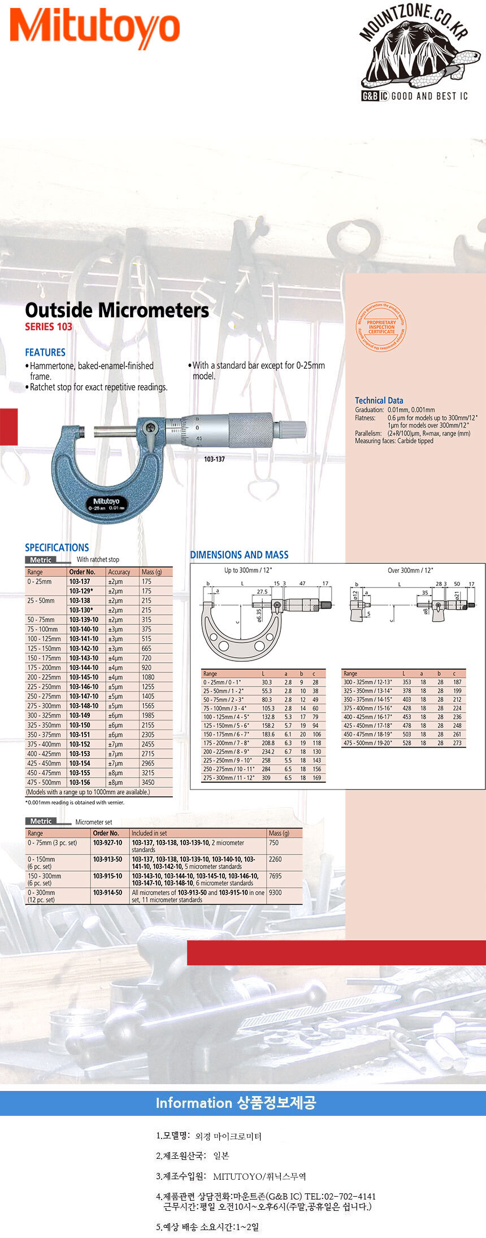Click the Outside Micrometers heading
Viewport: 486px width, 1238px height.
pos(117,310)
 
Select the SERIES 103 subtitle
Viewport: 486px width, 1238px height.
pos(49,327)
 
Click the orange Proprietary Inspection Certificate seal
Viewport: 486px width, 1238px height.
pos(381,327)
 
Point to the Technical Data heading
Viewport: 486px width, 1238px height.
pos(379,400)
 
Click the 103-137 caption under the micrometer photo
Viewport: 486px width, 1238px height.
pos(214,459)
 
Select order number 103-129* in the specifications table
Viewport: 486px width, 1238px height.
pos(81,591)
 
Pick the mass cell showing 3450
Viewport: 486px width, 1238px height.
pos(147,783)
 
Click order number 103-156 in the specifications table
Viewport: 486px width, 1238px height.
pos(80,783)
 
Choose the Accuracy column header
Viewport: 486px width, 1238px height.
pos(119,572)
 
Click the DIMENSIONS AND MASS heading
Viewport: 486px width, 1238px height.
pos(239,555)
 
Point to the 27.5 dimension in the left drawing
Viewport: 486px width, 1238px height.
pos(262,592)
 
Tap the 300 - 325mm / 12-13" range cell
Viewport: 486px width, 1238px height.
pos(367,682)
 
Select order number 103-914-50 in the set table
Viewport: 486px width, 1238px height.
pos(107,892)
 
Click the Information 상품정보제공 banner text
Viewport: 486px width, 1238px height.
pos(236,1103)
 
